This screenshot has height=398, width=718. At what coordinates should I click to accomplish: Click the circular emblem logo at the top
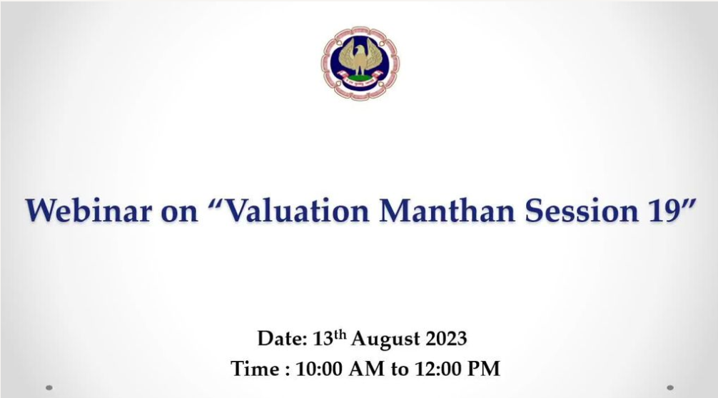tap(360, 63)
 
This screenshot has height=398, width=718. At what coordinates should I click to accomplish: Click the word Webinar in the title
tap(89, 211)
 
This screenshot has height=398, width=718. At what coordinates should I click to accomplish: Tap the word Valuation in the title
tap(298, 211)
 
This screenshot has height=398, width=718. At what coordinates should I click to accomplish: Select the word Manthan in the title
tap(448, 211)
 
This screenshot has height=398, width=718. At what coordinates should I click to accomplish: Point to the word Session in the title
tap(582, 211)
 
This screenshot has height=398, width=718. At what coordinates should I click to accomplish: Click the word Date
tap(282, 339)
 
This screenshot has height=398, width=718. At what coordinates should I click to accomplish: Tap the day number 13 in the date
tap(323, 339)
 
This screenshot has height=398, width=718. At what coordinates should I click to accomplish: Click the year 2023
tap(447, 339)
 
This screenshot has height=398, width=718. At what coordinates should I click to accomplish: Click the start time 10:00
tap(320, 369)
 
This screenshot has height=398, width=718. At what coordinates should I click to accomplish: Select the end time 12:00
tap(438, 369)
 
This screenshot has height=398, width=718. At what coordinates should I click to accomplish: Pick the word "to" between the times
tap(399, 369)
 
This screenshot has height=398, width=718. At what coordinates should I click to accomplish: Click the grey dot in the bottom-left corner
tap(49, 388)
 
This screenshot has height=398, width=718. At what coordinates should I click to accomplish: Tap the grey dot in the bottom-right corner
tap(670, 388)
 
